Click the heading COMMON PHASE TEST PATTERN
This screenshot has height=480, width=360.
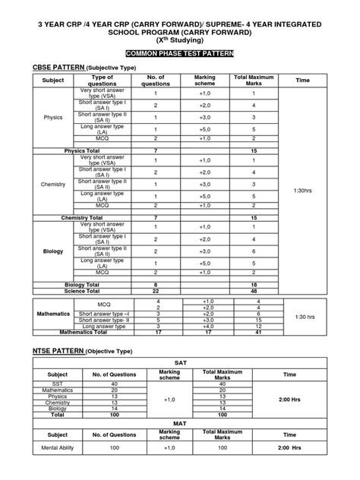(x=180, y=55)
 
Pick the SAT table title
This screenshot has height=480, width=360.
(x=180, y=365)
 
